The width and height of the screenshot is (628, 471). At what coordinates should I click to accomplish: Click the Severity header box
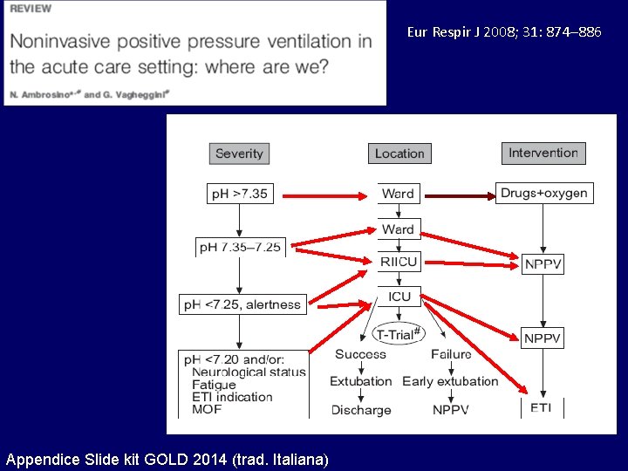click(x=239, y=154)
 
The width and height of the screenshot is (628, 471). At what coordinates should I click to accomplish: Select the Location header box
click(x=399, y=154)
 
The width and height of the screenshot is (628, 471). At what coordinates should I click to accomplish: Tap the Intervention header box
click(x=543, y=153)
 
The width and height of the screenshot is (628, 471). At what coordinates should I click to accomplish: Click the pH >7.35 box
click(x=239, y=194)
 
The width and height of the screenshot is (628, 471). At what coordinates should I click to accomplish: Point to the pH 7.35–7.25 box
click(x=240, y=247)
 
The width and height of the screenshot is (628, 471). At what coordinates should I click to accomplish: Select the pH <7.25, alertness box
click(x=242, y=304)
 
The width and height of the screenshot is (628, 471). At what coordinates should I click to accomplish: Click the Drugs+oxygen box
click(x=544, y=193)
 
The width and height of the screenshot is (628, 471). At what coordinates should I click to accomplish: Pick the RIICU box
click(x=399, y=261)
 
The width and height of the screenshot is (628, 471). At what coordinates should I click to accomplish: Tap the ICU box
click(x=399, y=297)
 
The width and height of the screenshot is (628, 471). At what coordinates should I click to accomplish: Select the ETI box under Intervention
click(x=542, y=408)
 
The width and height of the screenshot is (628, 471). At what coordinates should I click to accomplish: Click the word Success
click(x=359, y=354)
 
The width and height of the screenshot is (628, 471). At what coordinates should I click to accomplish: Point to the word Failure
click(x=451, y=354)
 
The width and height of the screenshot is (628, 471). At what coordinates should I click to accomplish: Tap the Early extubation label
click(x=450, y=381)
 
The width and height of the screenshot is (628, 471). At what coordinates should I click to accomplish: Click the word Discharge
click(x=361, y=409)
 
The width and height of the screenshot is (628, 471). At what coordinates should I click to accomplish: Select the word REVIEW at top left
click(x=31, y=9)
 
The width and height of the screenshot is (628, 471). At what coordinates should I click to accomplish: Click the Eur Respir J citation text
click(x=503, y=32)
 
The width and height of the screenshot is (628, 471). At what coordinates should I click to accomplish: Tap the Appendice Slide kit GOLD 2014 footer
click(x=167, y=459)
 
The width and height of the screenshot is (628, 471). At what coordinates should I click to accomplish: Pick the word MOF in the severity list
click(x=208, y=409)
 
